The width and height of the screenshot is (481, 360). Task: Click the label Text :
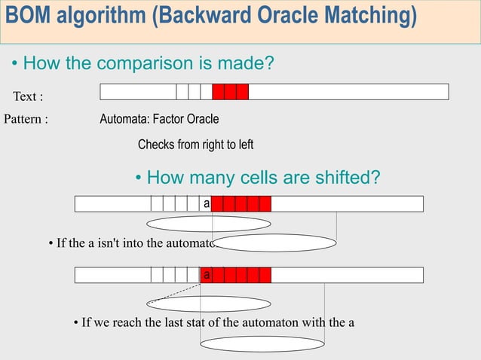point(28,96)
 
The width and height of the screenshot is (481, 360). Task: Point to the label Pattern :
point(26,119)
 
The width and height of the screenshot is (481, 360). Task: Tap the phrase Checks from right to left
point(195,144)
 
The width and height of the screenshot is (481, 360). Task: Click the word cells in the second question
point(257,178)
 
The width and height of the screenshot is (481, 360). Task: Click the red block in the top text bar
point(230,92)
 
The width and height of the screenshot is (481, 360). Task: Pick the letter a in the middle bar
point(207,203)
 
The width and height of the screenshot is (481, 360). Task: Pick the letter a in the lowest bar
point(206,275)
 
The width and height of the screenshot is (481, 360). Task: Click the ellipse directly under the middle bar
point(209,224)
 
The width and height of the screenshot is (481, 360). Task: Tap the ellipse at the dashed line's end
point(209,304)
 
